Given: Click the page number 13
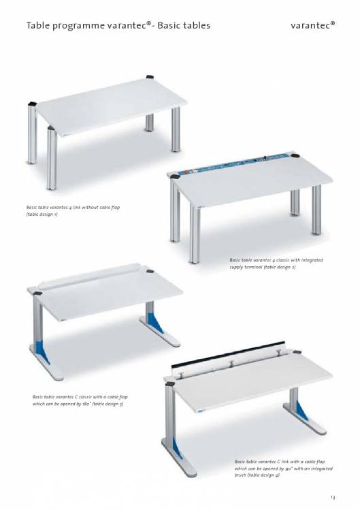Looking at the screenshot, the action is click(x=332, y=497).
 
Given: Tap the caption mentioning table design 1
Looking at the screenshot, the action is click(x=73, y=211).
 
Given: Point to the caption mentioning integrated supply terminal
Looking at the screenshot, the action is click(x=276, y=264).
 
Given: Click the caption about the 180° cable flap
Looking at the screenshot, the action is click(x=80, y=400).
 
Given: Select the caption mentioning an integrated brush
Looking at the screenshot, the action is click(x=284, y=468).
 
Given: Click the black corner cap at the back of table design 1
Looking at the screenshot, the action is click(x=150, y=77).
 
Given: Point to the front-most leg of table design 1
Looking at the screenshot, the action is click(x=52, y=158).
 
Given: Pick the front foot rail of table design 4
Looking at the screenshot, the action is click(x=179, y=459).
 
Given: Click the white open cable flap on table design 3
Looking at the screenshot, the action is click(x=88, y=275).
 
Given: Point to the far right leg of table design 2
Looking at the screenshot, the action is click(x=316, y=210).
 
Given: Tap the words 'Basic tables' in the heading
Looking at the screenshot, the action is click(x=184, y=25).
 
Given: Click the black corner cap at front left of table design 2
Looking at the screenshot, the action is click(x=175, y=176).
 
